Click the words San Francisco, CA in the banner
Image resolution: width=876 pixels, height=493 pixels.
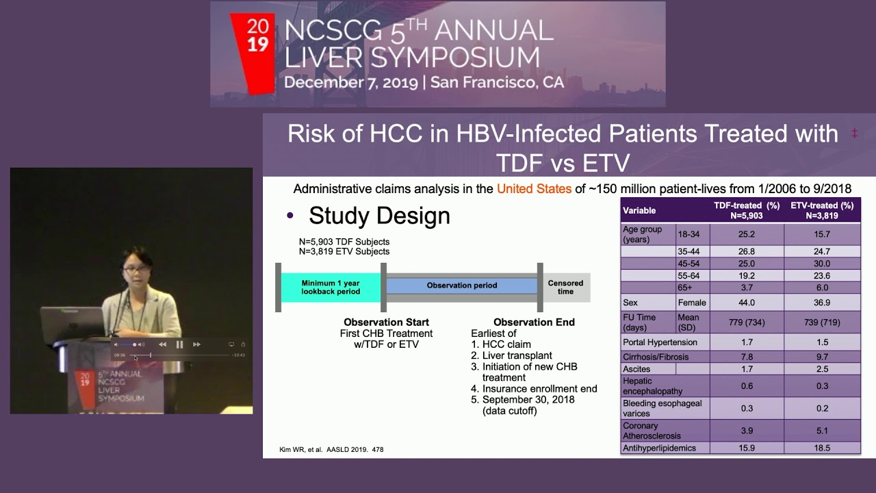497,82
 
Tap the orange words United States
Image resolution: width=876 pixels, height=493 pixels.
534,188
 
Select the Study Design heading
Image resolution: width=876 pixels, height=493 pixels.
379,216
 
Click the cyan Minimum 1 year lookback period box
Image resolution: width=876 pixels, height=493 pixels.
331,287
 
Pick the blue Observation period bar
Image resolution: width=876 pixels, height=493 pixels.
462,285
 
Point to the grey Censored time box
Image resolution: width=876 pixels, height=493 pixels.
566,287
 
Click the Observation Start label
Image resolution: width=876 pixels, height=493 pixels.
386,322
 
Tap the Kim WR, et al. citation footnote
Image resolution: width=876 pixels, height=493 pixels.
326,450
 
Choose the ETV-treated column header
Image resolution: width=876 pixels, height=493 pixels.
822,210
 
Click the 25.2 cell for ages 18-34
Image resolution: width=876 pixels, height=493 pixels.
747,234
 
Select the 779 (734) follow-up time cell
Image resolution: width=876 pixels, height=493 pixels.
747,323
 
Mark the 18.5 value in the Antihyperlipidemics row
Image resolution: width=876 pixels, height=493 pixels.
822,448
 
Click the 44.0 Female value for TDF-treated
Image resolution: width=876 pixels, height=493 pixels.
747,302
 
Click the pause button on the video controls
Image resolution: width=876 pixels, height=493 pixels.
179,344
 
